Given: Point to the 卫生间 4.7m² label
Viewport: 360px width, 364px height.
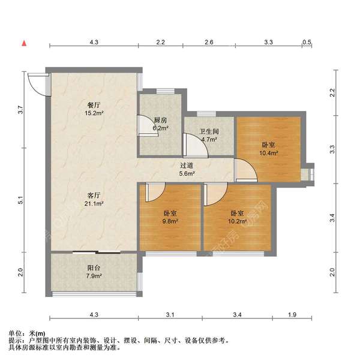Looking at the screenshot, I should [x=209, y=139].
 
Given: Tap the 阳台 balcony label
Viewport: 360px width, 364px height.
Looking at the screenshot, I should [x=94, y=269].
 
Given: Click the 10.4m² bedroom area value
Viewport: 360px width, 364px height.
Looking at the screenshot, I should [x=268, y=153].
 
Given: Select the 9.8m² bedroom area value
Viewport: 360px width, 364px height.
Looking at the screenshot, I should [x=171, y=221].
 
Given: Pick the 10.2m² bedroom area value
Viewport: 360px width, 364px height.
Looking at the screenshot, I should [x=238, y=221].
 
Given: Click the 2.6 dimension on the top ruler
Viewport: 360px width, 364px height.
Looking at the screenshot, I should [x=208, y=43].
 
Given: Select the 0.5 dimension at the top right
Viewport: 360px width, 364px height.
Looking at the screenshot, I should [x=307, y=43].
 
